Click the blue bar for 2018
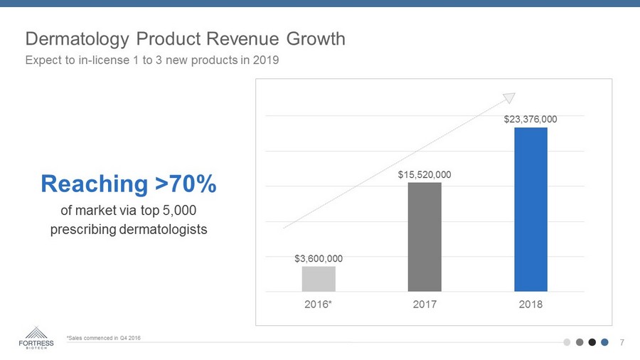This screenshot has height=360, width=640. pos(530,209)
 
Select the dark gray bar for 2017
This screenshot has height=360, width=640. pos(425,237)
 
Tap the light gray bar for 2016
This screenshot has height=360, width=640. pos(319,279)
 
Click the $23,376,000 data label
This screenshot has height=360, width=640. pos(530,119)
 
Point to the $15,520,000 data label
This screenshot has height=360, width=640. pos(425,174)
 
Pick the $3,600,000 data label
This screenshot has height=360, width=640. pos(319,258)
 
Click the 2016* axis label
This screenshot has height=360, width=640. pos(319,305)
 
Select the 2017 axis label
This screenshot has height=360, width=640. pos(425,305)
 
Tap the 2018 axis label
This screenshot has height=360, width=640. pos(530,305)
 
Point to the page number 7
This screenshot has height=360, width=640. pos(622,342)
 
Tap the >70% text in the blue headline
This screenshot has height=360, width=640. pos(186,184)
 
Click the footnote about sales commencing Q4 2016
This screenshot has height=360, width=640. pos(103,337)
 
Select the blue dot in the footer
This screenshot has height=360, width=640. pos(604,342)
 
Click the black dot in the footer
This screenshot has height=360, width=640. pos(592,342)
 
